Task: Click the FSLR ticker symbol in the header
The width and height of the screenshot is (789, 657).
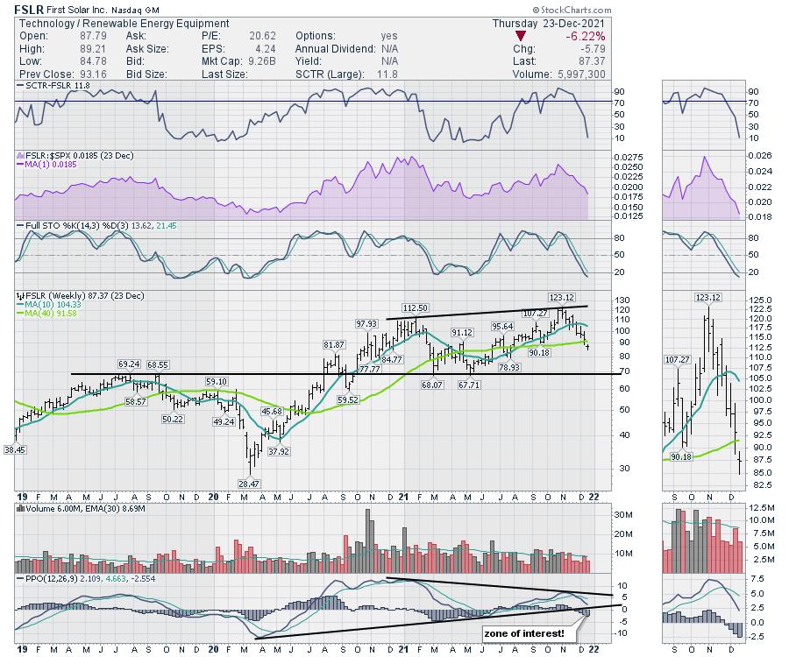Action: [x=30, y=9]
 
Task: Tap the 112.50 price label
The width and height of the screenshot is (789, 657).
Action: [x=415, y=308]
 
